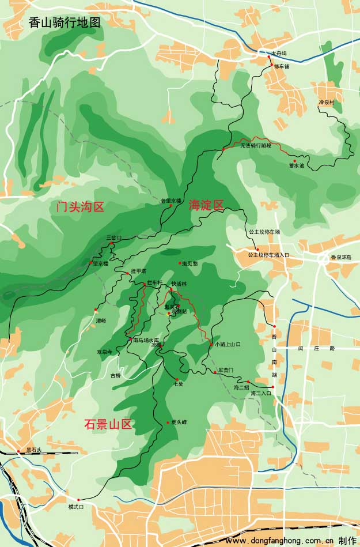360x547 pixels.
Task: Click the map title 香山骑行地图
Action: pyautogui.click(x=64, y=22)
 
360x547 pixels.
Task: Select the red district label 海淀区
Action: pyautogui.click(x=206, y=205)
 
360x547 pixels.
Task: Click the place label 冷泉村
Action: pyautogui.click(x=327, y=102)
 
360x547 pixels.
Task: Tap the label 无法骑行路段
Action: pyautogui.click(x=255, y=146)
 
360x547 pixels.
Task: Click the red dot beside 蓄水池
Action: pyautogui.click(x=295, y=161)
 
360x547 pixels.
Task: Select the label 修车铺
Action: pyautogui.click(x=281, y=66)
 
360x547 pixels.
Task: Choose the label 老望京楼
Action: pyautogui.click(x=170, y=201)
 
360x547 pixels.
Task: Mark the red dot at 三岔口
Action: pyautogui.click(x=111, y=244)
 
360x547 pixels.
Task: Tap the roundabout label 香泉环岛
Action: pyautogui.click(x=340, y=258)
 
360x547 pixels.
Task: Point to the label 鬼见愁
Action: pyautogui.click(x=190, y=263)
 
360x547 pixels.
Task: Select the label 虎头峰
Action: pyautogui.click(x=179, y=422)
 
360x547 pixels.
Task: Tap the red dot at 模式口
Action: pyautogui.click(x=78, y=499)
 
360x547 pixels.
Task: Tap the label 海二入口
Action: pyautogui.click(x=260, y=393)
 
